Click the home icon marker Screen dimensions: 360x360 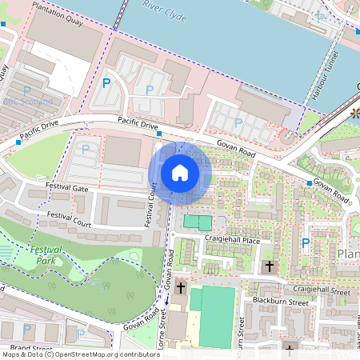coord(180,172)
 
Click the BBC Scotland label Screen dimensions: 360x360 coord(28,102)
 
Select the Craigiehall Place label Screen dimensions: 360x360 coord(232,240)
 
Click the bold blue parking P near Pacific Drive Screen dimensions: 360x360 coord(106,82)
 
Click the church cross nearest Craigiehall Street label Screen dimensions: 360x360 coord(270,266)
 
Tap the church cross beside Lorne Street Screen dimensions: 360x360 coord(181,287)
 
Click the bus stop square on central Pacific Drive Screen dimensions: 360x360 coord(159,133)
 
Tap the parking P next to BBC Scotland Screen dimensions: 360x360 coord(26,90)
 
